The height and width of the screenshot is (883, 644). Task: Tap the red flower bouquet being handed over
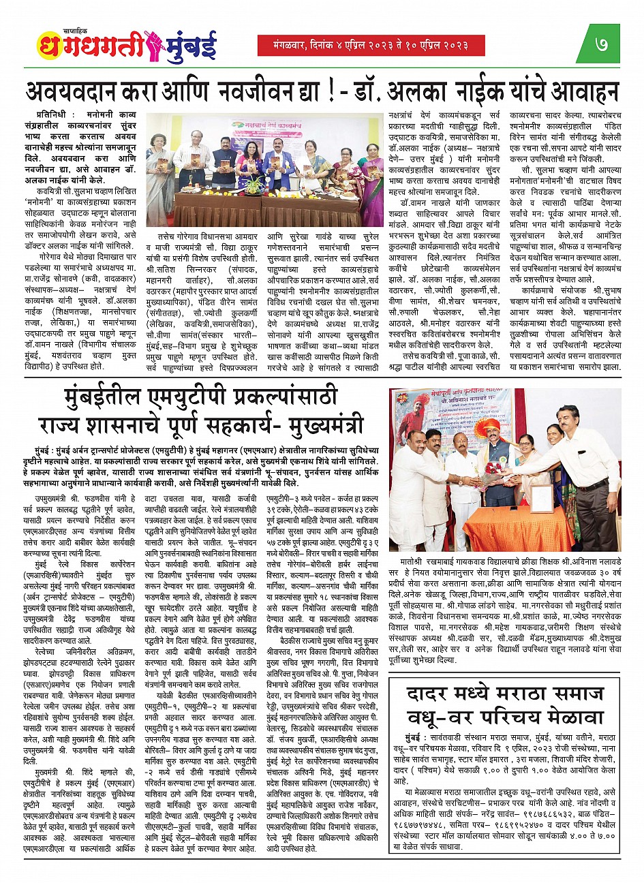click(494, 469)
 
